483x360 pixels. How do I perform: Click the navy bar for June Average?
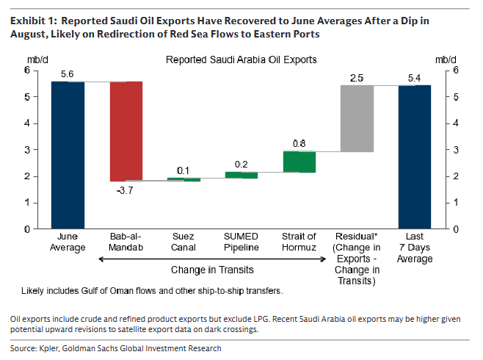[68, 155]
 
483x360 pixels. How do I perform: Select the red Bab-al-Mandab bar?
[126, 132]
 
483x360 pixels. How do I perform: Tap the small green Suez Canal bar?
[184, 179]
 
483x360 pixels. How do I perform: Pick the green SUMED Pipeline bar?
[241, 175]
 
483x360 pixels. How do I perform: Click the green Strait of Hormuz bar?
[299, 162]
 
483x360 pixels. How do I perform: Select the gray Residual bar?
[357, 118]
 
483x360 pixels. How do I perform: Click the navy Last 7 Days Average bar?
[415, 157]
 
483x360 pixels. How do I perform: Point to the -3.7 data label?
[125, 190]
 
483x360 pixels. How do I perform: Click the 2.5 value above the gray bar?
[357, 78]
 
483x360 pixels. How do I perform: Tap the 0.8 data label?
[299, 143]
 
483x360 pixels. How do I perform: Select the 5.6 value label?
[67, 74]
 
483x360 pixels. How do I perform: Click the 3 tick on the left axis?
[27, 150]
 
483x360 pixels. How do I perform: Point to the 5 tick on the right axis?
[456, 97]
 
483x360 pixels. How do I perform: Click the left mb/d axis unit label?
[37, 60]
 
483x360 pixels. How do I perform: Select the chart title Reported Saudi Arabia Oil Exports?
[241, 60]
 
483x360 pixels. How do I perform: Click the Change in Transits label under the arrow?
[212, 270]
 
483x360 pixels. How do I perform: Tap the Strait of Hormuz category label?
[299, 242]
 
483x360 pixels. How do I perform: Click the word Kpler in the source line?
[49, 348]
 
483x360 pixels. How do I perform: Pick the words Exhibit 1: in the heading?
[34, 21]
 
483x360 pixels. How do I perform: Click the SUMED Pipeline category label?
[241, 242]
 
